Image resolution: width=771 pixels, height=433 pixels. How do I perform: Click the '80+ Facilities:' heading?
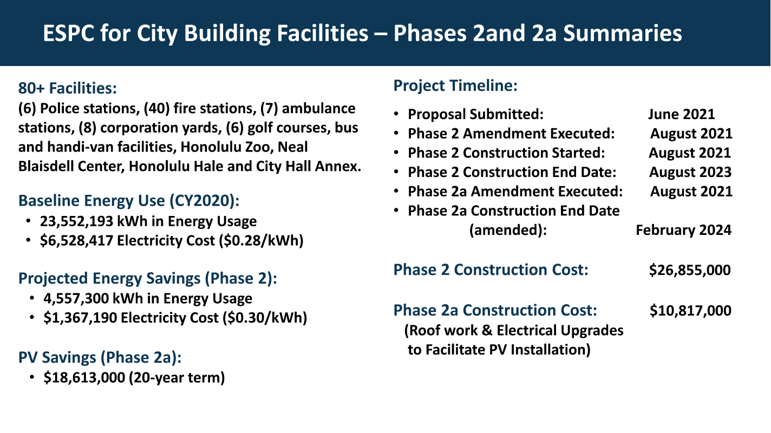click(x=68, y=88)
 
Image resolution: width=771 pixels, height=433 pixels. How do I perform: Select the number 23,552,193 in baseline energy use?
click(x=76, y=221)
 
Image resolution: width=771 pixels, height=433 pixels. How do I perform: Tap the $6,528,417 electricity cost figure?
click(x=76, y=241)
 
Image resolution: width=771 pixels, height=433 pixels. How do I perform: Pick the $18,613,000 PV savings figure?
click(x=84, y=378)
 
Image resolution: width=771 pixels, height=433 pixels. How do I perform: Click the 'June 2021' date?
click(x=682, y=114)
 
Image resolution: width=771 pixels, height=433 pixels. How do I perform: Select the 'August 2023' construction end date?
click(x=690, y=172)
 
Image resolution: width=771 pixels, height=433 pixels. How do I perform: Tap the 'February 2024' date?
click(x=684, y=230)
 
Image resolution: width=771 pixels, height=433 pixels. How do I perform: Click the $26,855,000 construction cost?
click(x=690, y=270)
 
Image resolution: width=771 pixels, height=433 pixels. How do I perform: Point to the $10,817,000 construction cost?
click(x=690, y=311)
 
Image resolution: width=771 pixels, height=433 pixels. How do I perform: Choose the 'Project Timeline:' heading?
click(x=455, y=86)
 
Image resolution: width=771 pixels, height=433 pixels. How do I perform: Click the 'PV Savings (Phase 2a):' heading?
click(x=100, y=358)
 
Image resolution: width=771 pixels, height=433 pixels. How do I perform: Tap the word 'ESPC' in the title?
click(x=69, y=34)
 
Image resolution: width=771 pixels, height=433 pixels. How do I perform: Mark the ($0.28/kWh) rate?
click(x=262, y=241)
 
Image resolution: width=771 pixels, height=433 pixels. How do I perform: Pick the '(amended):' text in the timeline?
click(x=508, y=230)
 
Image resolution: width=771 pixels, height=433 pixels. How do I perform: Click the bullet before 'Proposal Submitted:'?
click(x=396, y=114)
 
